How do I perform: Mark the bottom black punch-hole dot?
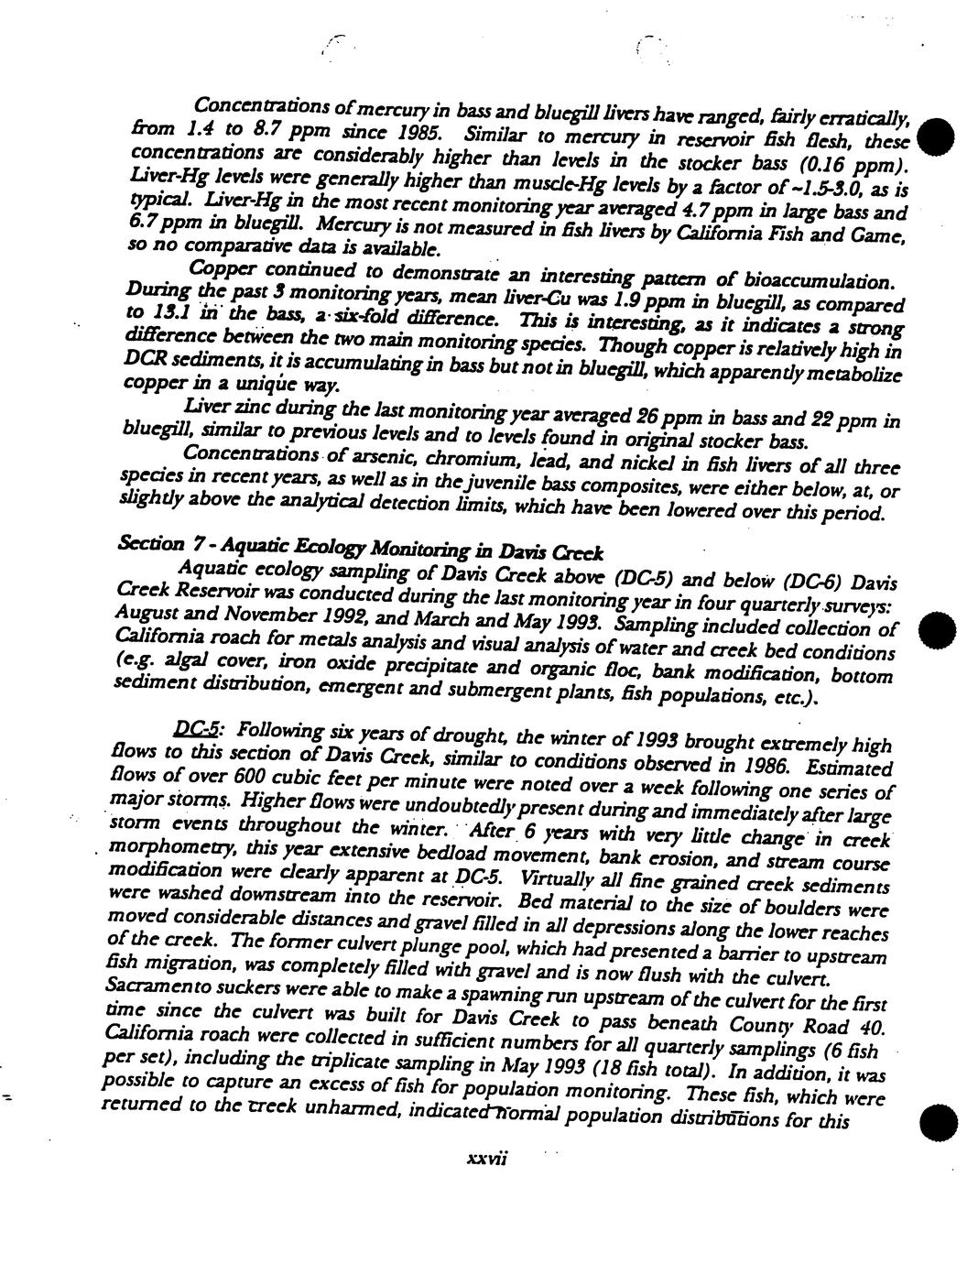coord(938,1122)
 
